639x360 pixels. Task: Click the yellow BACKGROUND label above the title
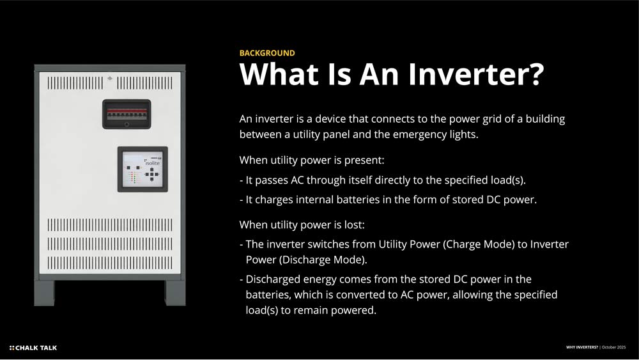point(267,53)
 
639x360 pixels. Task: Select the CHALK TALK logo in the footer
point(33,348)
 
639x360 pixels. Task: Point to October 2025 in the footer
point(615,347)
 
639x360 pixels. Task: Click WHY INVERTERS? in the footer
point(582,347)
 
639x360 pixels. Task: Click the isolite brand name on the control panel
point(153,164)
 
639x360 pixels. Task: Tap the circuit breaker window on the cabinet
point(127,114)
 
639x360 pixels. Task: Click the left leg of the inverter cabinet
point(45,293)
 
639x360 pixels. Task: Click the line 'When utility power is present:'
point(311,159)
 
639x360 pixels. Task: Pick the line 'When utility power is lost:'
point(302,224)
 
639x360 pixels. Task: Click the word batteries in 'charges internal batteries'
point(353,200)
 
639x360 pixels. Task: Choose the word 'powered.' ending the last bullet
point(354,311)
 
